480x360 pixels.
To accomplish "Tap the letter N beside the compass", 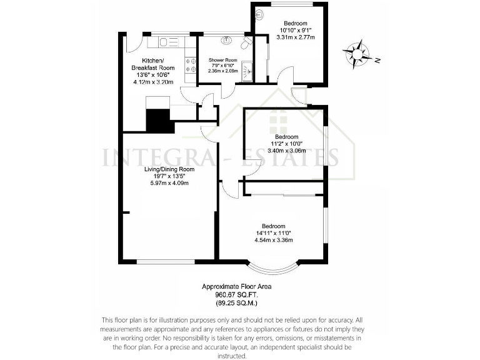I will pos(377,61).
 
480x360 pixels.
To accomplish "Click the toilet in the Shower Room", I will pos(246,42).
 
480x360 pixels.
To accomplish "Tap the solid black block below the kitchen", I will pos(159,119).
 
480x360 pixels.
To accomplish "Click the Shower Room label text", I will pos(223,60).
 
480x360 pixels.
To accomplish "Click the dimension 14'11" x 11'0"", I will pos(272,232).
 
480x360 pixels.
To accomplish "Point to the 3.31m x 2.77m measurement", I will pos(295,37).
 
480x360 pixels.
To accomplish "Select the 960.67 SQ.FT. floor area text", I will pos(237,294).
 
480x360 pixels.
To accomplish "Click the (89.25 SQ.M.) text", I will pos(237,302).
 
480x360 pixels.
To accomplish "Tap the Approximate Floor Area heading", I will pos(237,286).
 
